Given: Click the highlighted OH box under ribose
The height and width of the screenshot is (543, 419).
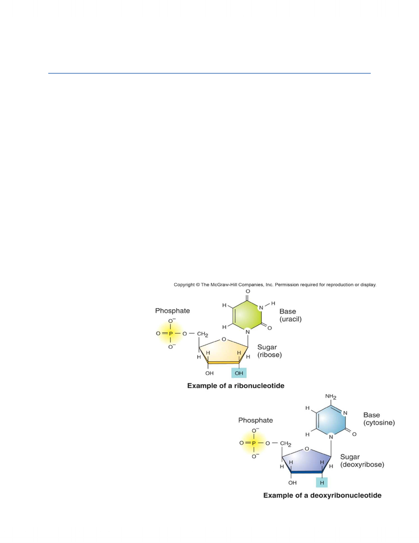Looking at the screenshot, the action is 239,373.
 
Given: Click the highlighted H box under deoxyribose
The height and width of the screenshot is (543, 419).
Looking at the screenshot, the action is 322,483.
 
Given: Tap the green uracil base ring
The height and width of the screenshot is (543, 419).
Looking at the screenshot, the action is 247,315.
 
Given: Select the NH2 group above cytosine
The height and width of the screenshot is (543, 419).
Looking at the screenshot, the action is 331,396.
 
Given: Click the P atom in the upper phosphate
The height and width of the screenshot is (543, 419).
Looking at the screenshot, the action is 170,333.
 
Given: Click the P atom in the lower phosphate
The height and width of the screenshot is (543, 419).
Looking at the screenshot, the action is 254,443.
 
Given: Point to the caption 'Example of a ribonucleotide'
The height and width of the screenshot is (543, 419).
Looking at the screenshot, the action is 236,386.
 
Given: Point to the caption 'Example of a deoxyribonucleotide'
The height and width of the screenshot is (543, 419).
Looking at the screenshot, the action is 322,495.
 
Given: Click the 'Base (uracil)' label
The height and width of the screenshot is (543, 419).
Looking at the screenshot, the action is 290,315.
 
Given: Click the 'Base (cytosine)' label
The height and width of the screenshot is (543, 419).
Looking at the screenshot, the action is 379,419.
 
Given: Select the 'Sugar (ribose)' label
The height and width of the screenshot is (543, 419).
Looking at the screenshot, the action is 269,351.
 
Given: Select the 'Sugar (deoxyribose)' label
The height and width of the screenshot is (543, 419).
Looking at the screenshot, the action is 362,461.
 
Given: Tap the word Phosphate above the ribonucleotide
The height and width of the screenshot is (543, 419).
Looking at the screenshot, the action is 172,311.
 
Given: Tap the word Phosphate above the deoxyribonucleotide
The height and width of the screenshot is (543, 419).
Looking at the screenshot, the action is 255,420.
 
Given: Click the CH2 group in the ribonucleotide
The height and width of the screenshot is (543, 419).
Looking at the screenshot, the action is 203,334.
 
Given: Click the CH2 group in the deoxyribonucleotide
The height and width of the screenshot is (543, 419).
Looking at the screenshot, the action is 285,443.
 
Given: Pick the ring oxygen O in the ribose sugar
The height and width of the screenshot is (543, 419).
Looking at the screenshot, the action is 224,339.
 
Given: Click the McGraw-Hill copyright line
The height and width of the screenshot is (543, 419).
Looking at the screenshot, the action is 275,285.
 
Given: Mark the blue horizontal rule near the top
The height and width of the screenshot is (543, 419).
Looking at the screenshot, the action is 210,73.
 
